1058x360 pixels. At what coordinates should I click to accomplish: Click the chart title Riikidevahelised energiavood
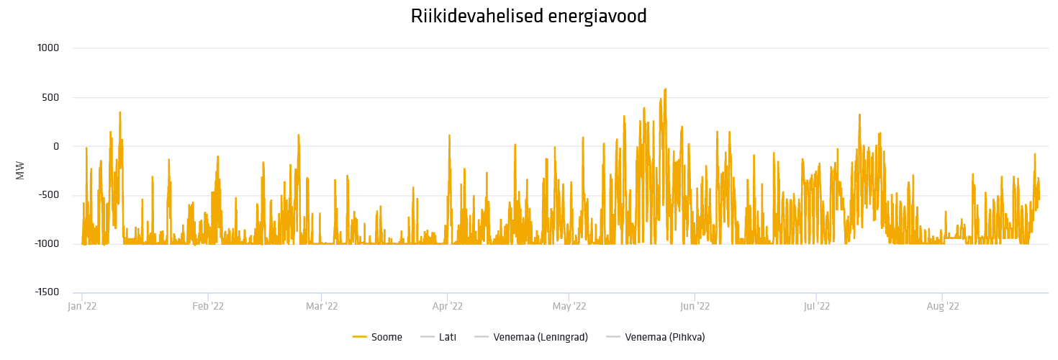click(528, 16)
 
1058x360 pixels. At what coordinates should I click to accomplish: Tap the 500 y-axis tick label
click(50, 97)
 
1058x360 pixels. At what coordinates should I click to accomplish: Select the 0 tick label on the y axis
click(55, 146)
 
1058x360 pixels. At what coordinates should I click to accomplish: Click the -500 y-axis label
click(49, 195)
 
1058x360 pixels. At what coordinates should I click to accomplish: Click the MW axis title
click(20, 171)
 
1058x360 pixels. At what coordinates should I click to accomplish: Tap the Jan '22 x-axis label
click(82, 307)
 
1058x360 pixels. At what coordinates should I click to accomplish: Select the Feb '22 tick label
click(208, 307)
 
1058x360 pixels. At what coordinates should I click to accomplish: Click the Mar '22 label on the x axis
click(321, 307)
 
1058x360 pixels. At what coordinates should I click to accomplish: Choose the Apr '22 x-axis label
click(447, 307)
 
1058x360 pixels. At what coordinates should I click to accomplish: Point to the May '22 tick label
click(569, 307)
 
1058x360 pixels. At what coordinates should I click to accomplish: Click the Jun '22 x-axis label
click(695, 307)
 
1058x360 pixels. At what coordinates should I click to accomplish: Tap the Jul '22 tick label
click(816, 307)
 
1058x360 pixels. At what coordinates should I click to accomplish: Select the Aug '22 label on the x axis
click(942, 307)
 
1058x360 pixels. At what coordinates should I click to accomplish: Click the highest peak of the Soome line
click(666, 89)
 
